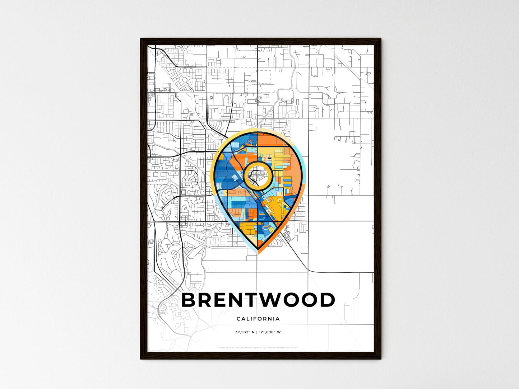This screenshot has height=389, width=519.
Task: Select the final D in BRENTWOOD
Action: (326, 300)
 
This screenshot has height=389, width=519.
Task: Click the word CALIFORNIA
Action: (258, 319)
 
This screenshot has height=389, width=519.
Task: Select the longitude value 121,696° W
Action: (270, 332)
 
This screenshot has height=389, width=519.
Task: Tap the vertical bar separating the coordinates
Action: (258, 332)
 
